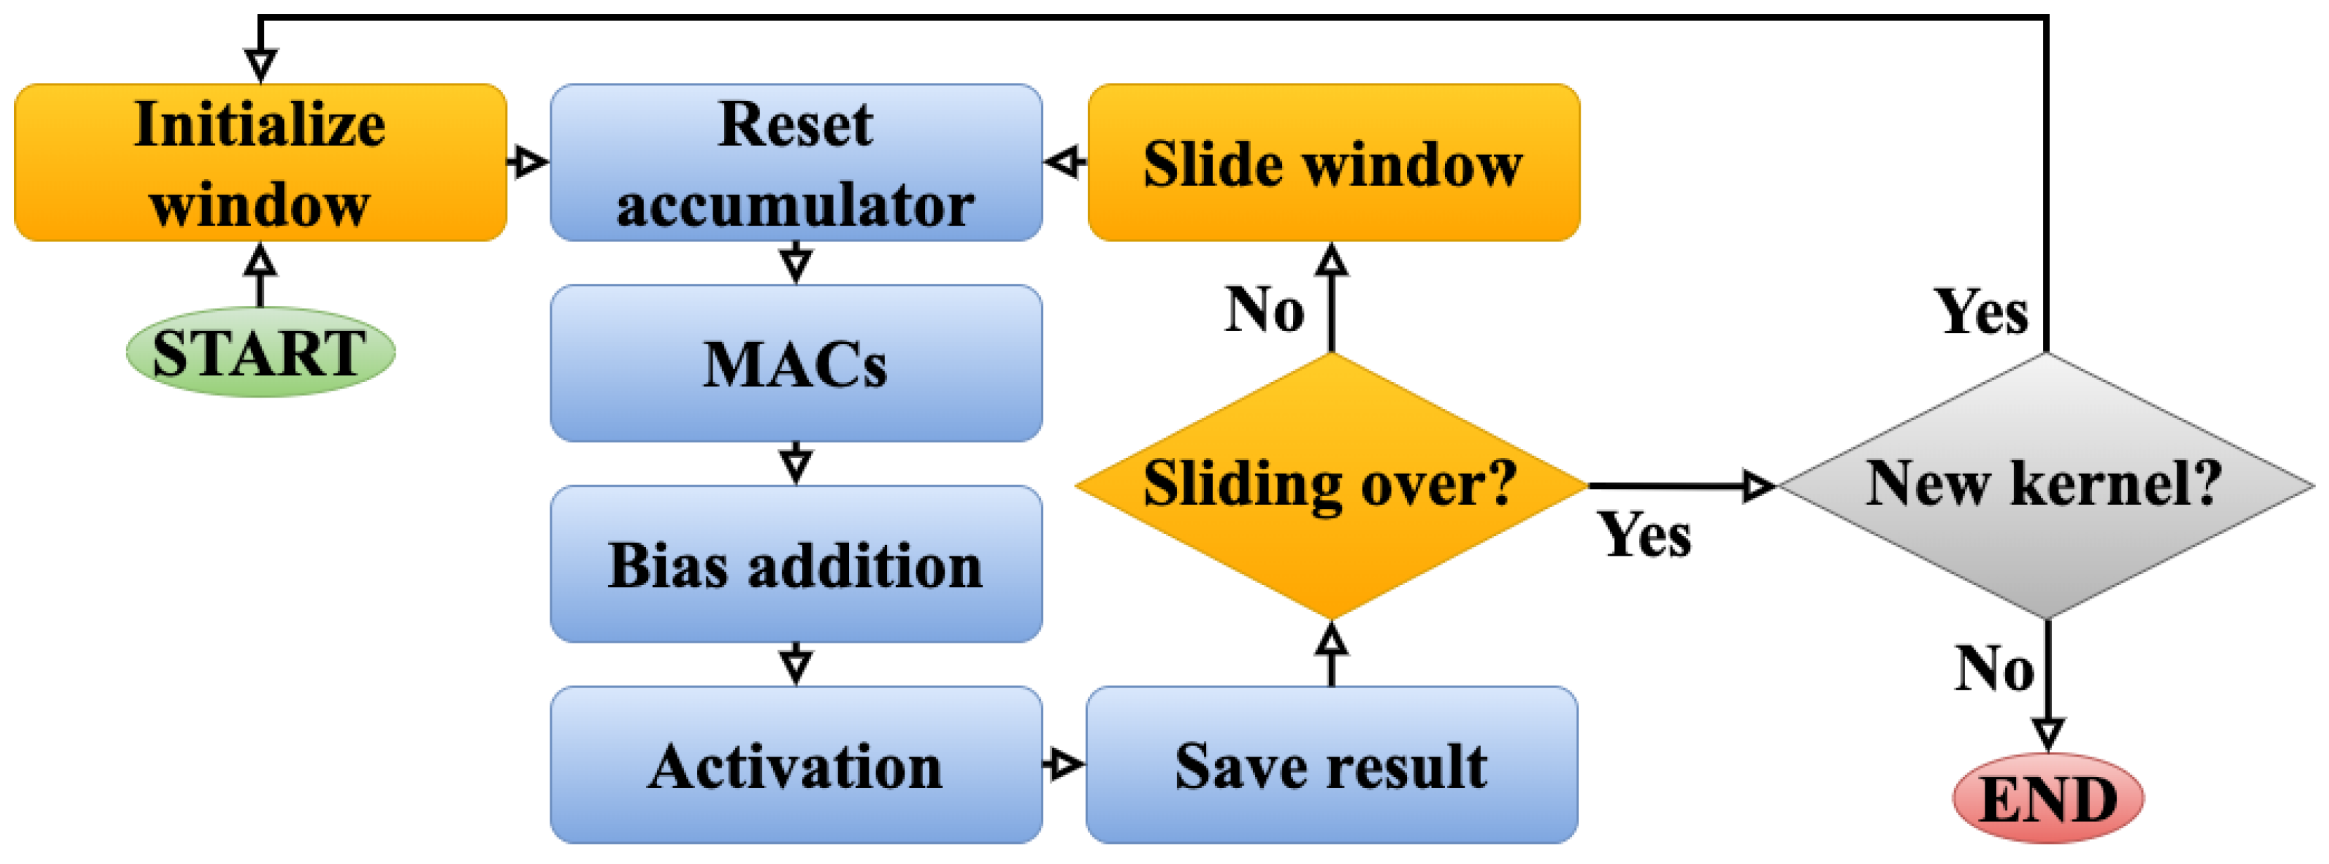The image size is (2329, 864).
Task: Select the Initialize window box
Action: click(261, 163)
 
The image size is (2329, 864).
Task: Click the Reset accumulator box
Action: click(796, 163)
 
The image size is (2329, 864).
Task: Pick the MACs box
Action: click(796, 363)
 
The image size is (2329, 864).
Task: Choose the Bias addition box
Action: click(796, 565)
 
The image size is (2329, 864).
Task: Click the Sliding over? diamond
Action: click(1331, 485)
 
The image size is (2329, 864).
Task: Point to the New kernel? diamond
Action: click(2046, 485)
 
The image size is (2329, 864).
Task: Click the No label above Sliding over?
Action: click(1264, 310)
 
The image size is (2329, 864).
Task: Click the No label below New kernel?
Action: click(1994, 669)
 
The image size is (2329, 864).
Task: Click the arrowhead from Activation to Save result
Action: click(1067, 764)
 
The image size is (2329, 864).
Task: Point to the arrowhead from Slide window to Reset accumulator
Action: click(1063, 163)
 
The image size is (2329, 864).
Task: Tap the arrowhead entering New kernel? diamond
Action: click(1758, 486)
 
